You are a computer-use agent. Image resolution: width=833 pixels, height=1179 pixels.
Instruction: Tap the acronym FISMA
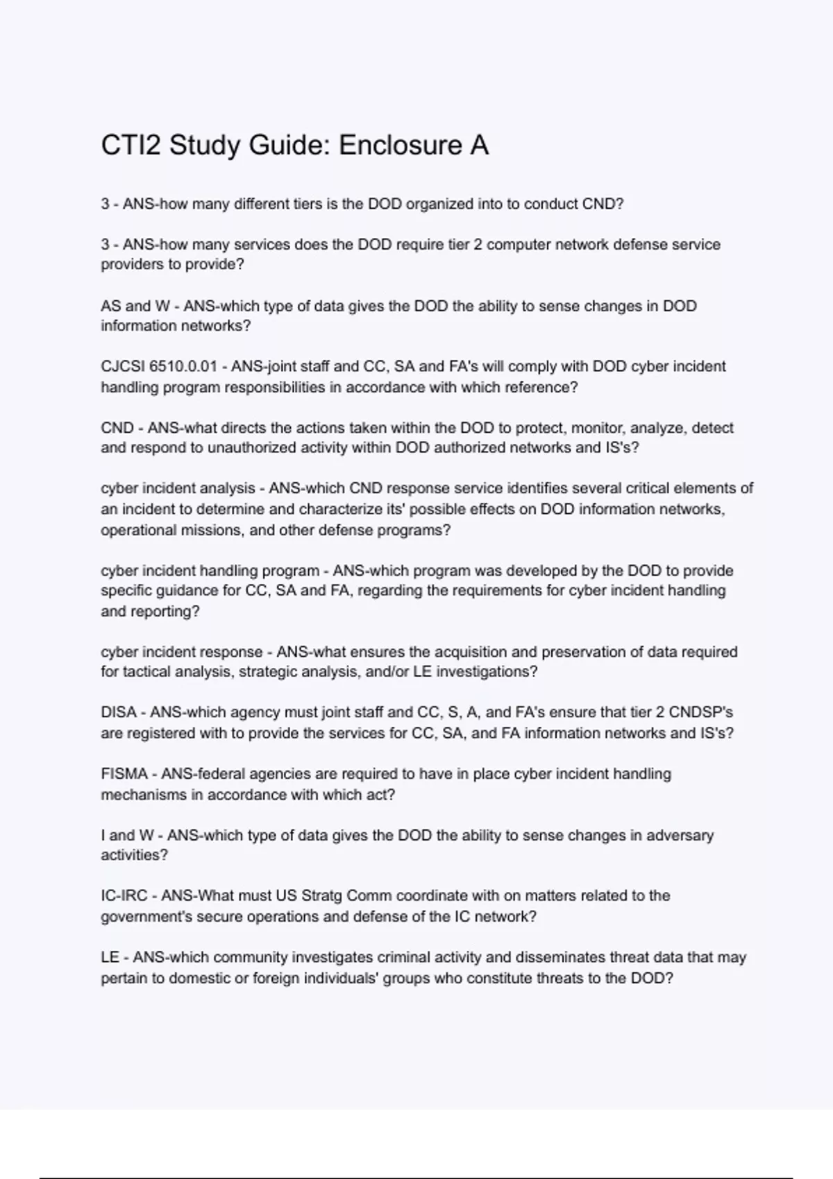coord(124,773)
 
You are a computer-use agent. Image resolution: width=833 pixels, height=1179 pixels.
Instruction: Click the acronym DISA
coord(119,712)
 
